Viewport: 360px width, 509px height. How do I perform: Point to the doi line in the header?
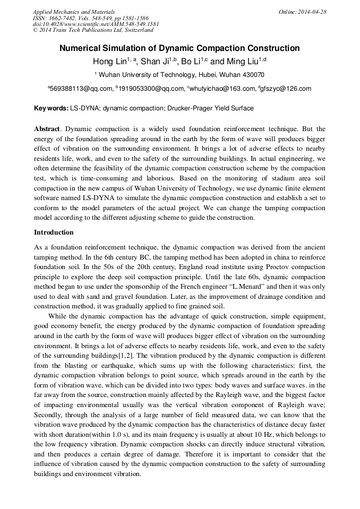(96, 24)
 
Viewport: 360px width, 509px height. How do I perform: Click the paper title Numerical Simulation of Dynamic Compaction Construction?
(179, 48)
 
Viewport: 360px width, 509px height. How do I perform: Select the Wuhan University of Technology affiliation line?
(179, 75)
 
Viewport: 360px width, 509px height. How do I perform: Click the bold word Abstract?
(46, 129)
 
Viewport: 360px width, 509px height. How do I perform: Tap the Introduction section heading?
(54, 232)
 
